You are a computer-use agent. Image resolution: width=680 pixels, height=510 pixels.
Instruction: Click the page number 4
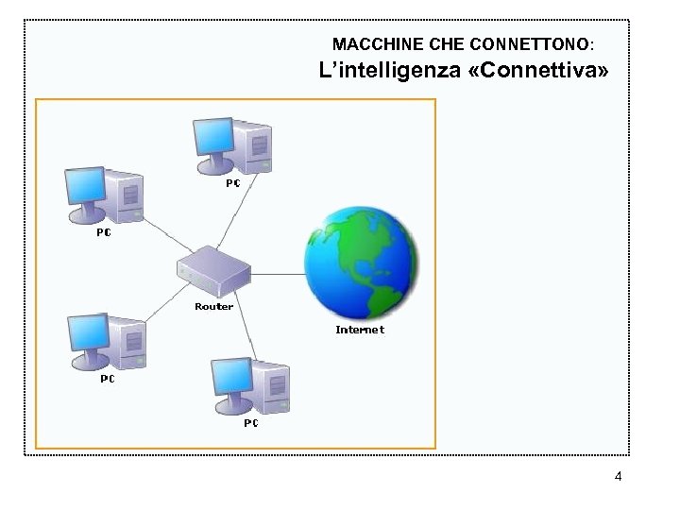tap(618, 477)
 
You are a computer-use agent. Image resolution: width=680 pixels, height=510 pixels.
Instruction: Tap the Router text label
tap(213, 307)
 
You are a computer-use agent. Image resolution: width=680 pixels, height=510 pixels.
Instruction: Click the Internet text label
tap(360, 330)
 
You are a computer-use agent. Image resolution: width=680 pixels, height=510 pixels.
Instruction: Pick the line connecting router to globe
tap(279, 274)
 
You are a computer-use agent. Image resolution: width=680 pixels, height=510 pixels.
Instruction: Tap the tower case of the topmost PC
tap(254, 146)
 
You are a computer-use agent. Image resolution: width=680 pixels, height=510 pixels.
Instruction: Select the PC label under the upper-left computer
tap(104, 233)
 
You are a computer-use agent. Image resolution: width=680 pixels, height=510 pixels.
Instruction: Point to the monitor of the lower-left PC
tap(90, 334)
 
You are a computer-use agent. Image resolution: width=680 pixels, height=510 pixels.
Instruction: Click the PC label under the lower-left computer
tap(108, 379)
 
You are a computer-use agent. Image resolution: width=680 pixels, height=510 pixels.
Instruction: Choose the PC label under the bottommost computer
tap(251, 423)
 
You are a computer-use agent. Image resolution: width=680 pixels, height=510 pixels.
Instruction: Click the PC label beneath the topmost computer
tap(232, 182)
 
